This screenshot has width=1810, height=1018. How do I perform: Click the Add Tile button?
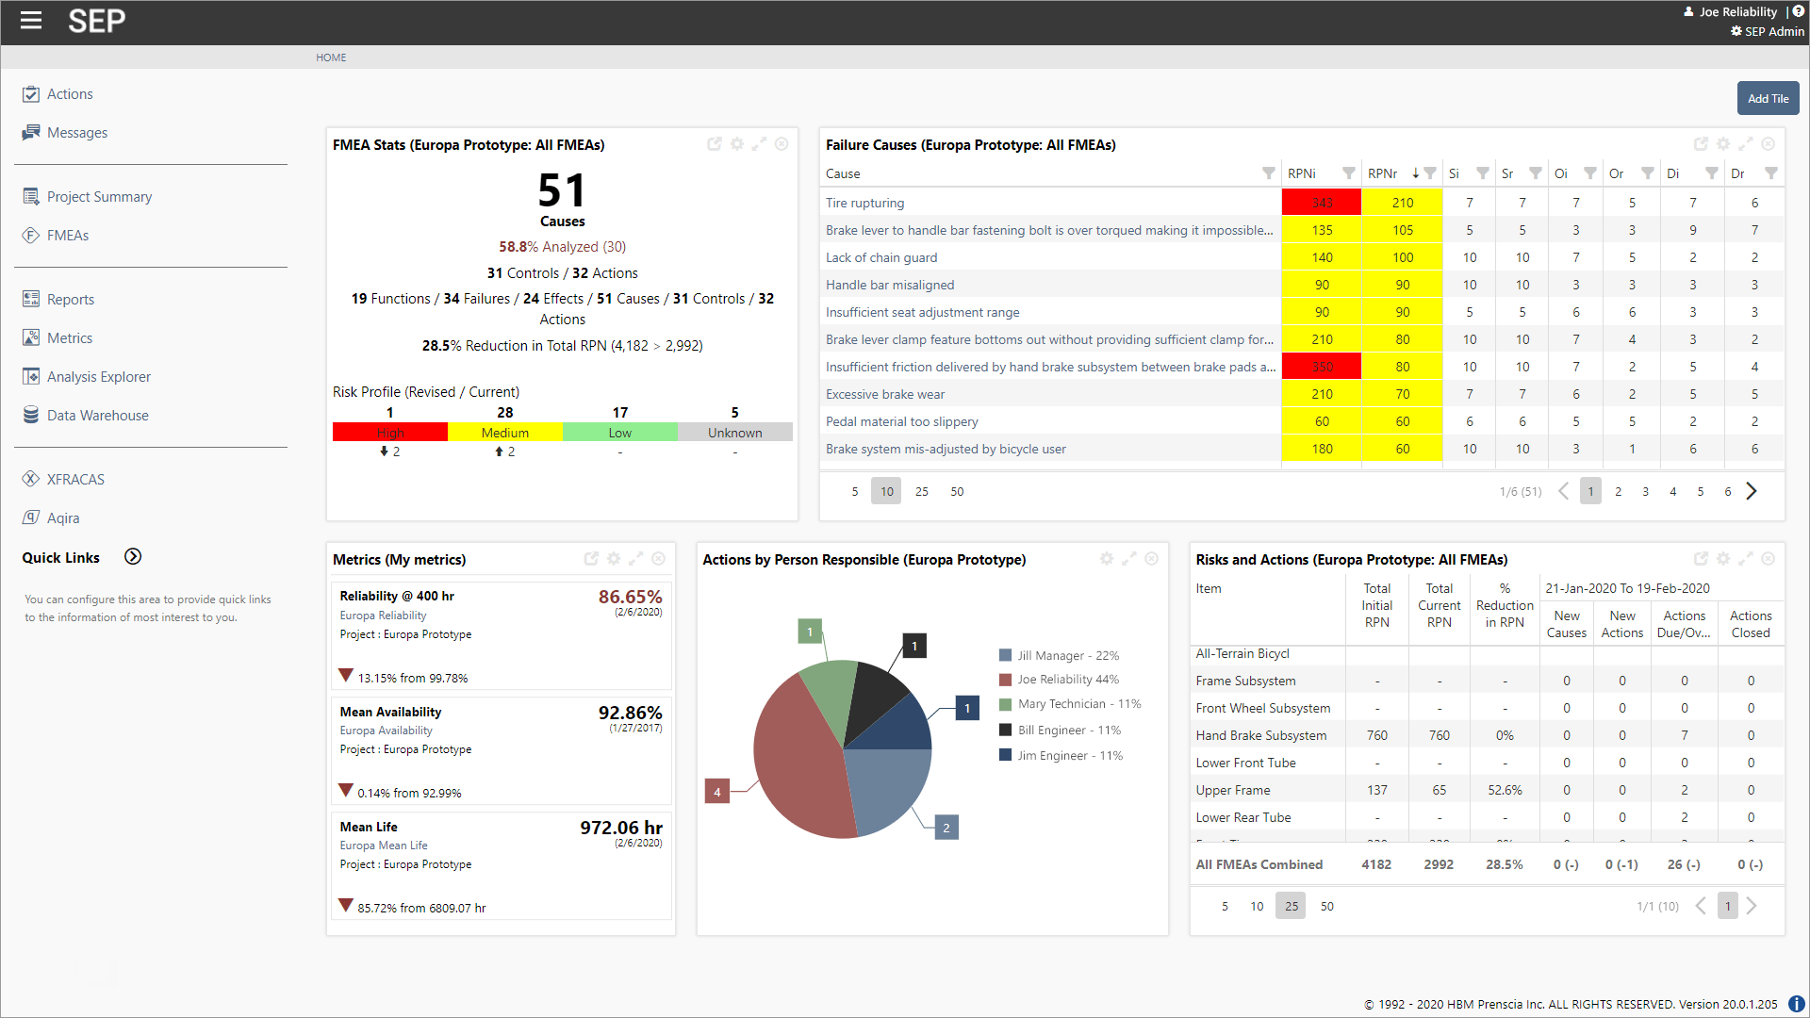(x=1768, y=98)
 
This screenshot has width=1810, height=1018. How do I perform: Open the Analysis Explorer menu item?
(x=98, y=377)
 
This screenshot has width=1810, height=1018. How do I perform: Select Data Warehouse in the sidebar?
(x=97, y=416)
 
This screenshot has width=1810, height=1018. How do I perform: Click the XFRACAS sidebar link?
(x=75, y=480)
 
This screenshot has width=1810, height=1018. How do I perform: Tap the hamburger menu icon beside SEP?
(x=31, y=20)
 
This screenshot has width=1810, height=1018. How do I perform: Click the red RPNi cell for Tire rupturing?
(x=1322, y=203)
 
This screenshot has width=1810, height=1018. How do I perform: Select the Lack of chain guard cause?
(x=881, y=257)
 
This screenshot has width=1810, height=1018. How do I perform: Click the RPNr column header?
(x=1382, y=173)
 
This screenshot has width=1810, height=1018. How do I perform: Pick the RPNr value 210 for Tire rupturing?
(x=1403, y=203)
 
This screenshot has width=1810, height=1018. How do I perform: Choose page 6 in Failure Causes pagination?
(x=1728, y=491)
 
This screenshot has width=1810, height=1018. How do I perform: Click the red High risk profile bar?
(x=390, y=433)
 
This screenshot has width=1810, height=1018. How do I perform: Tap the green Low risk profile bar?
(x=619, y=433)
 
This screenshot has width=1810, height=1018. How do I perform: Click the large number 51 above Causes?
(x=562, y=190)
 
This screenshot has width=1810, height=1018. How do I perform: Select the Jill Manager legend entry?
(x=1067, y=656)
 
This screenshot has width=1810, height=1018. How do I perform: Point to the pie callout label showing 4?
(x=717, y=792)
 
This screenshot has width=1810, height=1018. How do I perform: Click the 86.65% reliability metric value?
(x=630, y=597)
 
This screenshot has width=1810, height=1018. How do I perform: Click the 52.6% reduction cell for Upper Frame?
(x=1505, y=790)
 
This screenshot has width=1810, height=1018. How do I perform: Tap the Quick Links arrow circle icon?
(x=133, y=557)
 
